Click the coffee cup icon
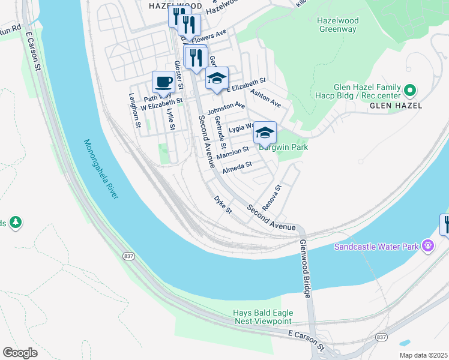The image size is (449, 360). (x=163, y=82)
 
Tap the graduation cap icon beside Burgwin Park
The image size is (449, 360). (x=265, y=132)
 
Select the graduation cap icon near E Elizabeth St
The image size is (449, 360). (x=217, y=77)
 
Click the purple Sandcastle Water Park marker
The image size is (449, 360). (x=427, y=245)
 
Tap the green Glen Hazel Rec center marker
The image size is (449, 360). (x=411, y=91)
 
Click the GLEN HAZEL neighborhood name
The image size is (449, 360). (x=396, y=106)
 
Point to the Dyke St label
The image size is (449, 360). (x=223, y=204)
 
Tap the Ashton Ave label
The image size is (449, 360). (x=266, y=98)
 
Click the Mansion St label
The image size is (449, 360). (x=232, y=152)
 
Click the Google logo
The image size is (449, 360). (x=20, y=352)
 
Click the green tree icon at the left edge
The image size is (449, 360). (x=15, y=223)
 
